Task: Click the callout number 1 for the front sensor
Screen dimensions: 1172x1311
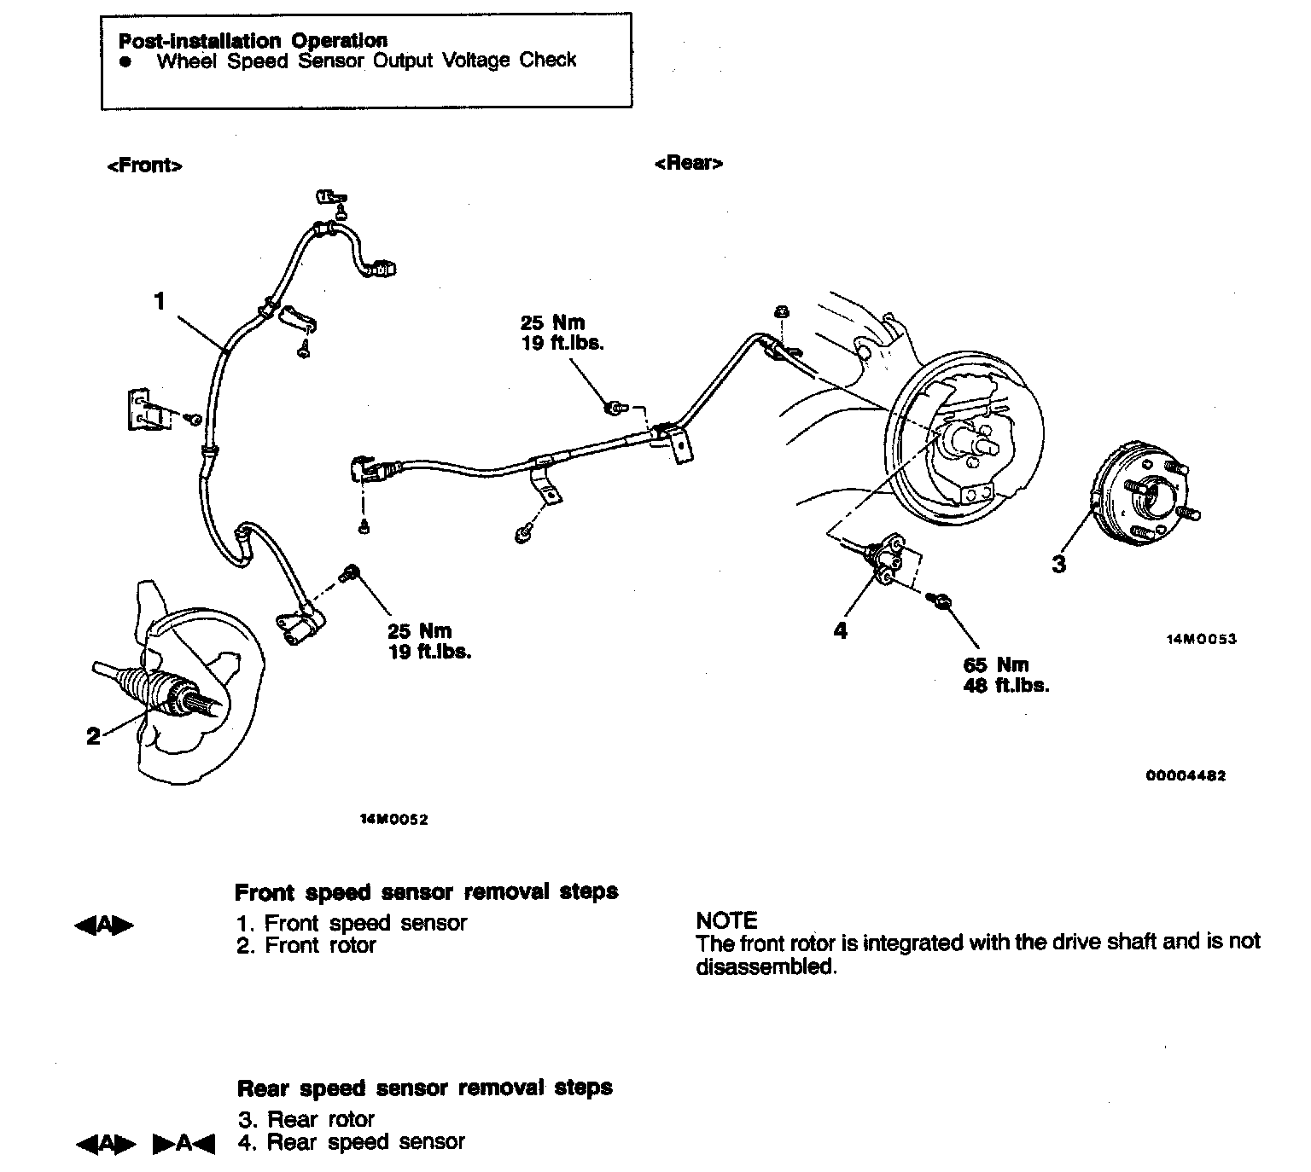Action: (159, 301)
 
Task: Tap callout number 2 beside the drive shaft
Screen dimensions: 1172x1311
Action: (94, 737)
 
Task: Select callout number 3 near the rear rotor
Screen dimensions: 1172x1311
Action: (1059, 564)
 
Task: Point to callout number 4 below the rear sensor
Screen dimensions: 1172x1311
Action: (841, 631)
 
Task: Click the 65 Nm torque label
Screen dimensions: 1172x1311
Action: (996, 665)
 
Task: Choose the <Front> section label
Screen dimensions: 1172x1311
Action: (144, 165)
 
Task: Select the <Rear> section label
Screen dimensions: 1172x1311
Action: (688, 163)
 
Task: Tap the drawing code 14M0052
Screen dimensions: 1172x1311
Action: (393, 820)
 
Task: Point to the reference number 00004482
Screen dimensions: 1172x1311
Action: (1186, 776)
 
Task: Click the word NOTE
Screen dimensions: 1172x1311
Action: (727, 920)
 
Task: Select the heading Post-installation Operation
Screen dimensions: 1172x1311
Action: (253, 40)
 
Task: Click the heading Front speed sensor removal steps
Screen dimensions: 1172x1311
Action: (426, 892)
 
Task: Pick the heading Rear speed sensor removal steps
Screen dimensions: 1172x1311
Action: (424, 1088)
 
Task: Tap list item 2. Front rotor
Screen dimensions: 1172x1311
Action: (306, 945)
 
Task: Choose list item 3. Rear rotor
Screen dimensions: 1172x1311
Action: (306, 1119)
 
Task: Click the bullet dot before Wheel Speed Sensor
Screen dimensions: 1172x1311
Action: (126, 61)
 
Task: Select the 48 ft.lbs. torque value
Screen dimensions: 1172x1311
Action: (1006, 685)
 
